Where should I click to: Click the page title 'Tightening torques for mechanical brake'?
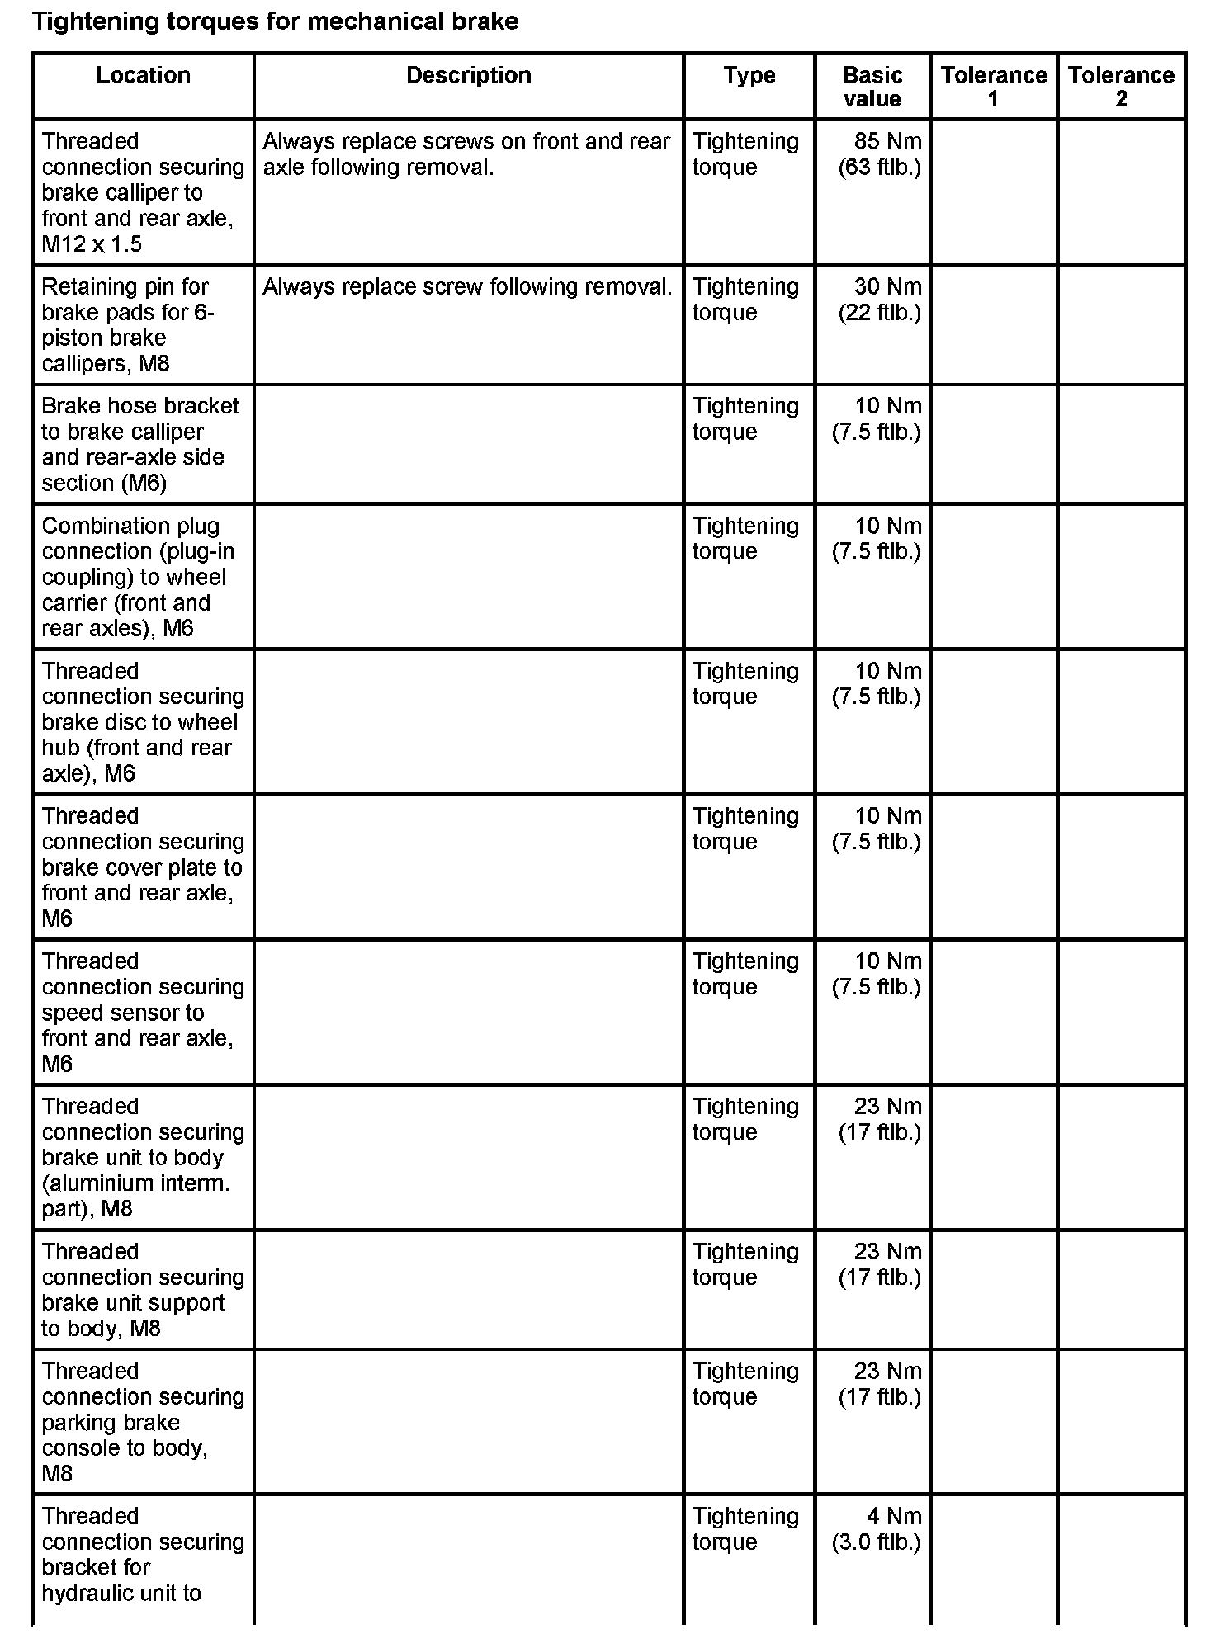coord(275,21)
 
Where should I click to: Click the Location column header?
coord(143,76)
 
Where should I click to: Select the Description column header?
coord(468,76)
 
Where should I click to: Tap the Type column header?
coord(749,76)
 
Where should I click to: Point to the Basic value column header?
coord(872,87)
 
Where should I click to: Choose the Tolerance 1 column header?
coord(993,87)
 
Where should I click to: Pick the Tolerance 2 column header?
coord(1121,87)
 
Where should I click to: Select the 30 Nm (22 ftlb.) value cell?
coord(880,300)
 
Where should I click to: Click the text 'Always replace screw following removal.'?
coord(467,287)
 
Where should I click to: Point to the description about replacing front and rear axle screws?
coord(466,154)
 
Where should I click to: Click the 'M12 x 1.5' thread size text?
coord(92,244)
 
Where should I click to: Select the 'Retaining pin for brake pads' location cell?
coord(128,325)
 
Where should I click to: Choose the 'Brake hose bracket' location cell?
coord(140,444)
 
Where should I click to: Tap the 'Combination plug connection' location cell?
coord(136,577)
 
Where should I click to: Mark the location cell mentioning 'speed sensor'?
coord(143,1012)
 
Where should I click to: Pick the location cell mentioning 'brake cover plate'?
coord(143,867)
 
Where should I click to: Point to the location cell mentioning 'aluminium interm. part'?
coord(143,1157)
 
